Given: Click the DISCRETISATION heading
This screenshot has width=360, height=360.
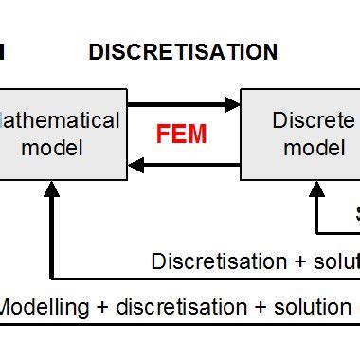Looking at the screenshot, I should tap(183, 53).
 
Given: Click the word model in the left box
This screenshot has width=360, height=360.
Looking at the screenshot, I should tap(57, 147).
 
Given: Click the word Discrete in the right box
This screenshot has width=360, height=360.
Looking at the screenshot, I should tap(314, 121).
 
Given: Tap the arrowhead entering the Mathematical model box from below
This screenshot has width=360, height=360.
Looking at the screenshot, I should tap(52, 189).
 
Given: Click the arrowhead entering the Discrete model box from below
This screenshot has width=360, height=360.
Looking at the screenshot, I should tap(315, 189).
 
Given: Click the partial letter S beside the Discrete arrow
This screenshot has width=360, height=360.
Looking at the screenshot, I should tap(357, 213).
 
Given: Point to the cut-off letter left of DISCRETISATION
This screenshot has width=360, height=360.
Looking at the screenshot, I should tap(2, 53).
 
